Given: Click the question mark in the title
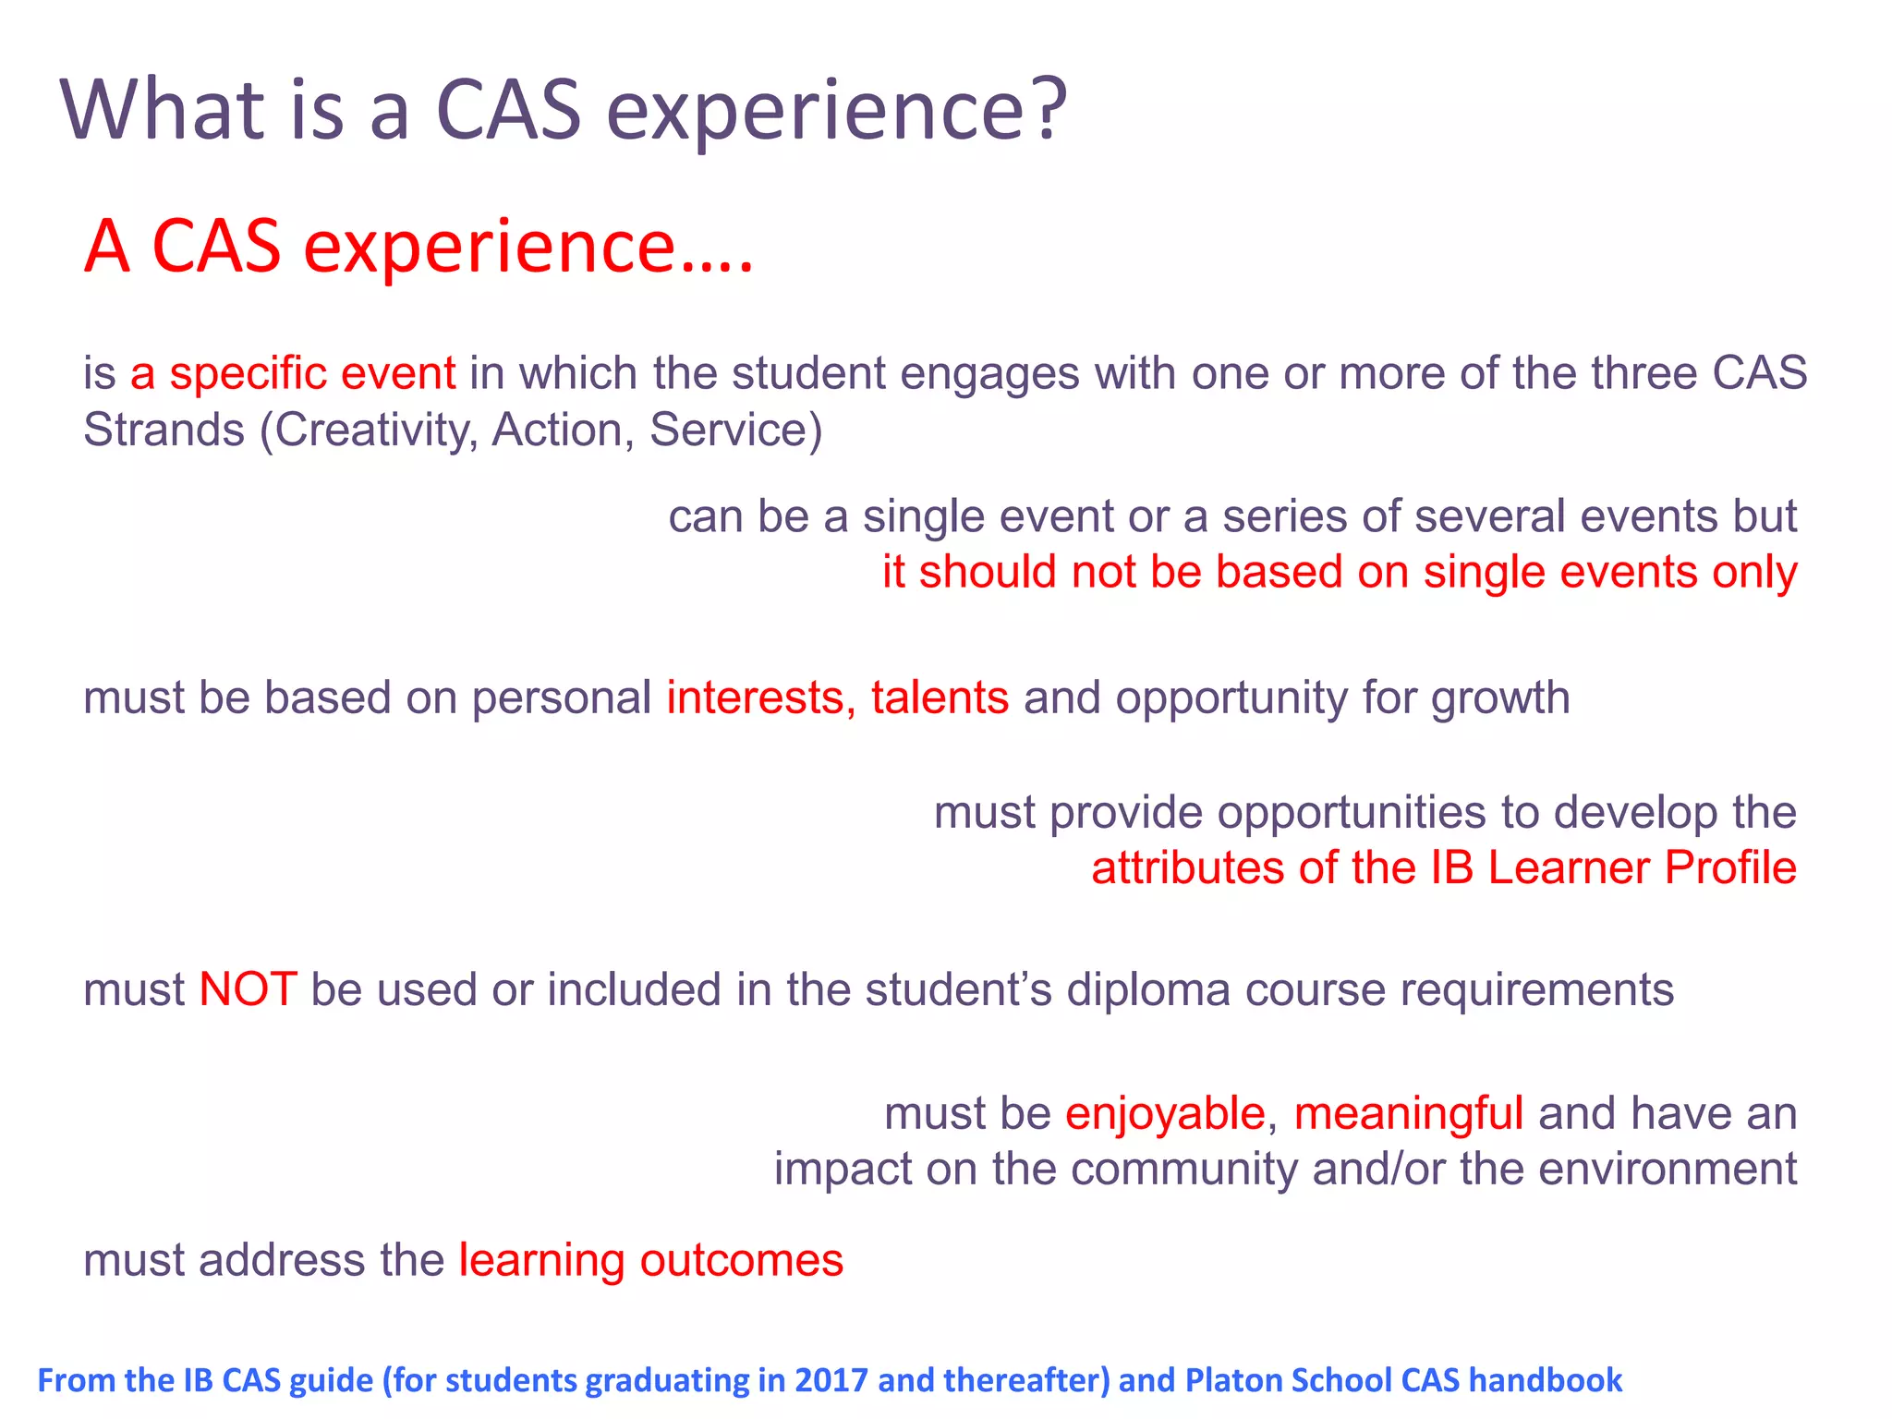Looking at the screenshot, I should click(1048, 109).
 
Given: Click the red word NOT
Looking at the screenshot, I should click(248, 989).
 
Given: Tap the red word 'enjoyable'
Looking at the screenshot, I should click(1164, 1113).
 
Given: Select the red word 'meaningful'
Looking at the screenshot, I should click(1408, 1113).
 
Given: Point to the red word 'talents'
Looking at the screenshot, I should click(939, 697).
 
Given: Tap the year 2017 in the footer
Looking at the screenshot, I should click(832, 1380).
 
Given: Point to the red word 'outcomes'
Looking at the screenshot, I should click(741, 1261).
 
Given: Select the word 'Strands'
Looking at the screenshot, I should click(164, 431).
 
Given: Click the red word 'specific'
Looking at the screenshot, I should click(248, 375).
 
